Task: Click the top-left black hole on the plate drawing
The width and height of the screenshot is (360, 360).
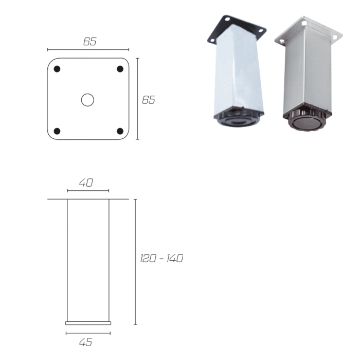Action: click(57, 69)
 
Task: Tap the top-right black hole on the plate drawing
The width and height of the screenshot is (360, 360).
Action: click(120, 69)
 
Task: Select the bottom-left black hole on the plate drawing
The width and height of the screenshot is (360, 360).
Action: click(57, 131)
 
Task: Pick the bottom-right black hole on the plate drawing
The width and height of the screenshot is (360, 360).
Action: click(120, 131)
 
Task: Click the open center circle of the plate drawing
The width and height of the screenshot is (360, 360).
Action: click(88, 100)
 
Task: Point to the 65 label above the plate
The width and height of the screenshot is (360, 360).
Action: click(90, 42)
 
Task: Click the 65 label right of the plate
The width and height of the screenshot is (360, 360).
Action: click(149, 100)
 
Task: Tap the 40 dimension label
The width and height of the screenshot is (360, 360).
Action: click(86, 183)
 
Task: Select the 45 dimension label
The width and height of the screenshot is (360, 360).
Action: click(86, 342)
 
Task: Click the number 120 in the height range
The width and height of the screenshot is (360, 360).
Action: click(148, 258)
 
